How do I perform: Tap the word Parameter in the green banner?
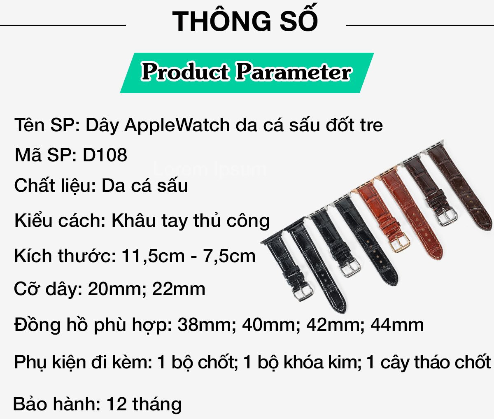[x=294, y=72]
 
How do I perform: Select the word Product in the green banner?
[x=185, y=72]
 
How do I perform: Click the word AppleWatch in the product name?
[x=177, y=126]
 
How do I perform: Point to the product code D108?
[x=105, y=155]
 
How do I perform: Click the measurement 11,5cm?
[x=153, y=256]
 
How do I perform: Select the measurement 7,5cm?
[x=229, y=256]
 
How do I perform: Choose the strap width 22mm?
[x=179, y=289]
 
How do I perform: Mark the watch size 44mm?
[x=397, y=325]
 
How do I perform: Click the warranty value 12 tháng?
[x=144, y=404]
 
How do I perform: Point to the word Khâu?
[x=134, y=220]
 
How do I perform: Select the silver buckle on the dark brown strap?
[x=447, y=216]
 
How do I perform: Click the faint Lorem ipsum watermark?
[x=210, y=169]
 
